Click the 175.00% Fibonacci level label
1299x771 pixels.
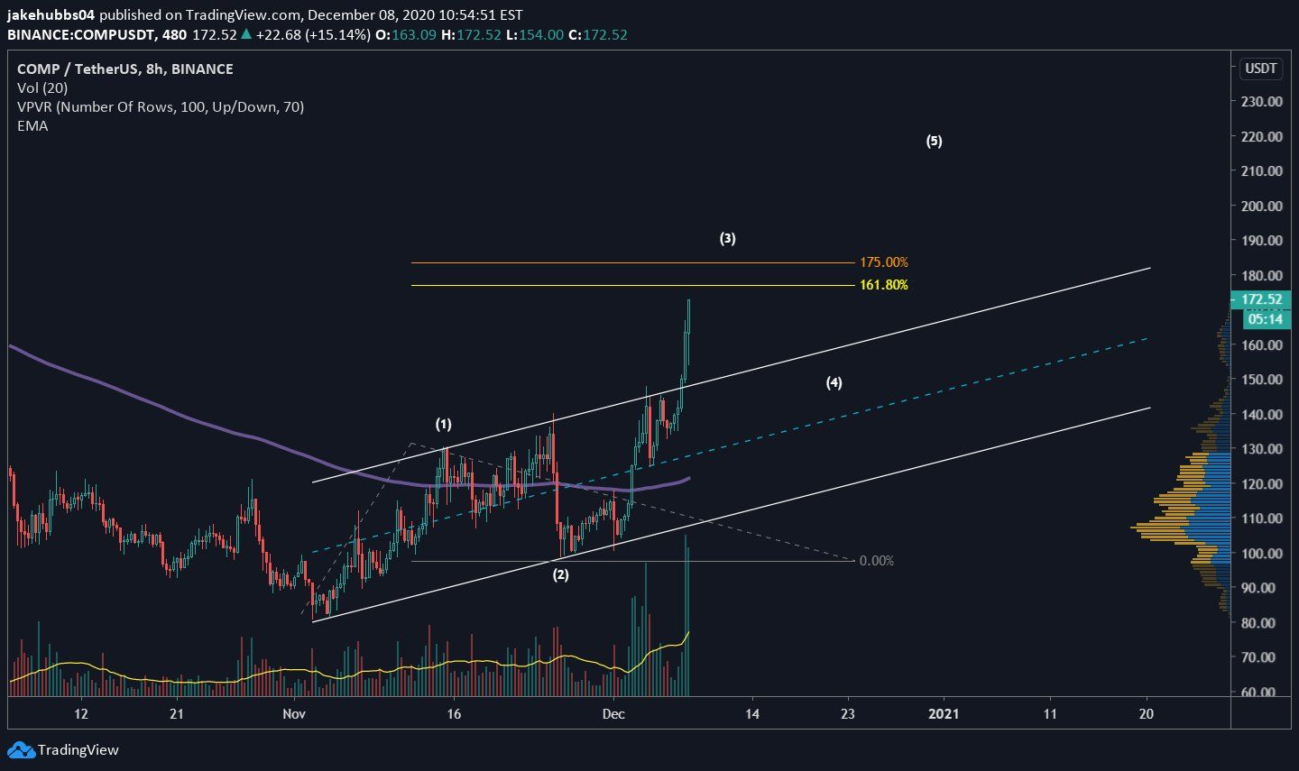[883, 262]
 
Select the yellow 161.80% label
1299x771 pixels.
[883, 285]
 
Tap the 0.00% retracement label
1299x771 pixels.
[876, 561]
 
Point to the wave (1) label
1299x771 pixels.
[443, 424]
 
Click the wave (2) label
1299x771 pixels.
[560, 574]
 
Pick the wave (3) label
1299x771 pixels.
[727, 239]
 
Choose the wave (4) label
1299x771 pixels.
[834, 383]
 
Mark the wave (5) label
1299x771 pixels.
[934, 141]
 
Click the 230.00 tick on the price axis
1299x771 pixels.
[1261, 102]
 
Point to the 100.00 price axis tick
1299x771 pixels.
[1261, 553]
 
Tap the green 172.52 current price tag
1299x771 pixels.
[1261, 299]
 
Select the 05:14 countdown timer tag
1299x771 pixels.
[1265, 319]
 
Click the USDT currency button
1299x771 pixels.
[1260, 69]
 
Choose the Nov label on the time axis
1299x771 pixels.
[293, 713]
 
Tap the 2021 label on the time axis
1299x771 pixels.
[944, 713]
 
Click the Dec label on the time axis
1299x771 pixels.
[613, 713]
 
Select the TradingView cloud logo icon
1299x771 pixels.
[21, 749]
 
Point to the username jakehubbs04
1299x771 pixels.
[51, 15]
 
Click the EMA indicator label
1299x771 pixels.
[32, 125]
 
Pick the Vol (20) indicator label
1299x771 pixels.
[42, 87]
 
